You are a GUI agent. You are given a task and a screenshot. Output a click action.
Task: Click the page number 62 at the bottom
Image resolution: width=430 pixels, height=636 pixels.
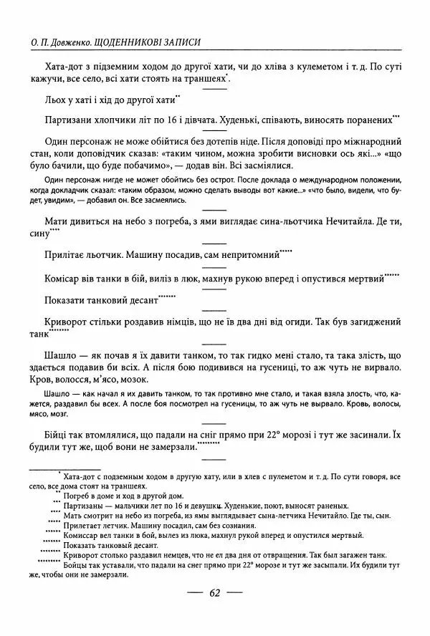[x=214, y=592]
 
